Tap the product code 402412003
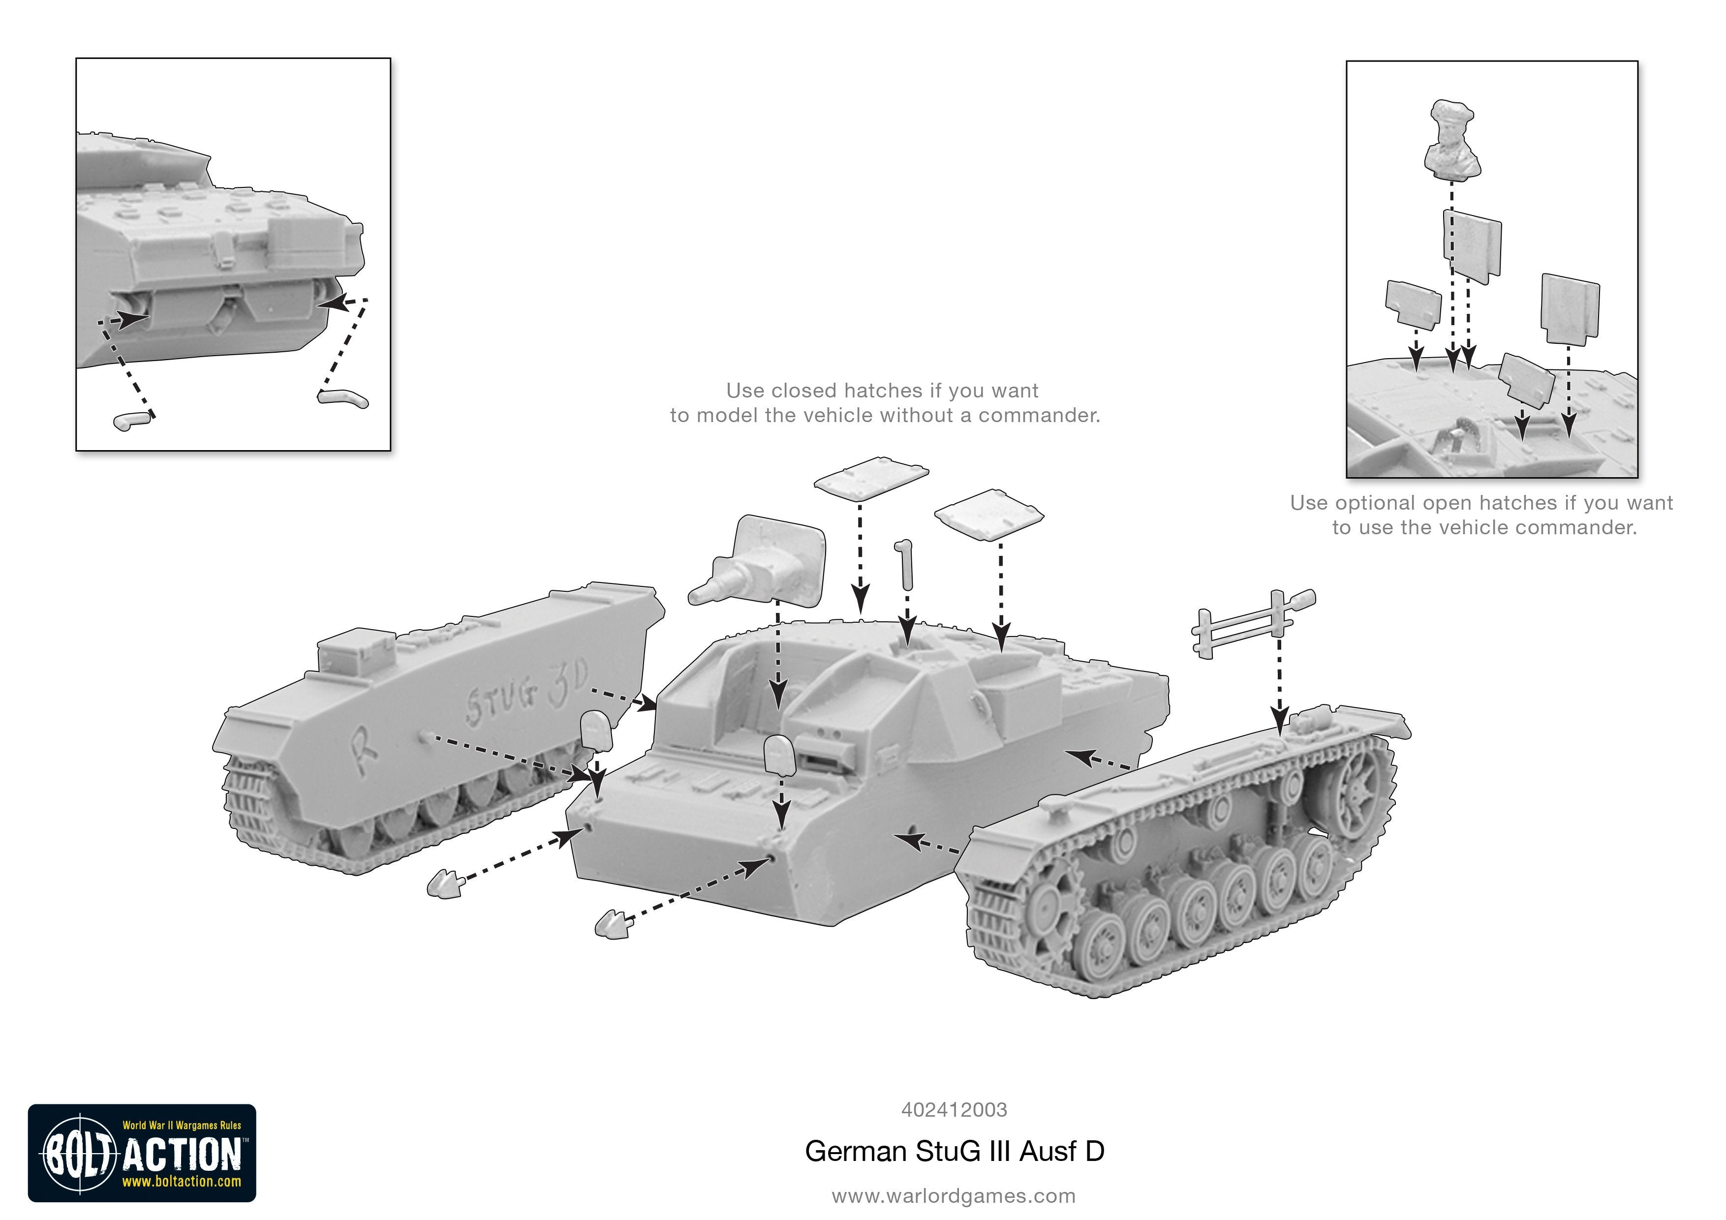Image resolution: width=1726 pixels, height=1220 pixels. coord(954,1109)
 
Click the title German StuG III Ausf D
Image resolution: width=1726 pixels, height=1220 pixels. coord(954,1152)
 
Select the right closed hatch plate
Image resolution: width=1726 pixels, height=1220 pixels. coord(988,514)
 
